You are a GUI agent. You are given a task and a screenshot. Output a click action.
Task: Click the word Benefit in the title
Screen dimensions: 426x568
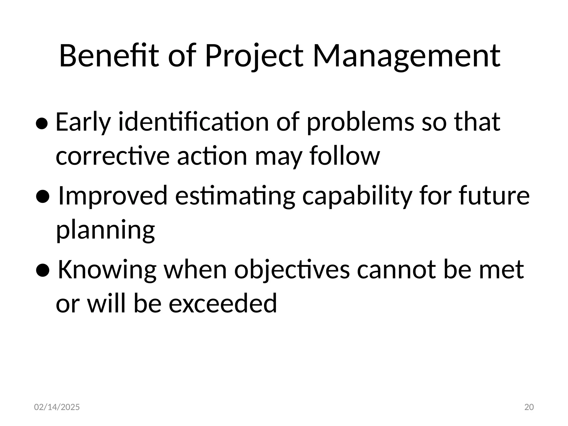[x=109, y=56]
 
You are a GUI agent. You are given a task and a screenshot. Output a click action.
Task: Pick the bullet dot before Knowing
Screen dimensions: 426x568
[x=42, y=271]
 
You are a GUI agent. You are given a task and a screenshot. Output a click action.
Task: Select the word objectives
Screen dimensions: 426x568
[x=292, y=271]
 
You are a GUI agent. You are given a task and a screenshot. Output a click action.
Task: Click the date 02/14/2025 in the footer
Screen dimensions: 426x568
[x=57, y=407]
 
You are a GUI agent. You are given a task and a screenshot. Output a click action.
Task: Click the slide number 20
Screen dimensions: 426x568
[x=529, y=407]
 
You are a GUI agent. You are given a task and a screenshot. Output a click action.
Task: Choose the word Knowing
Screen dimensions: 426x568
[x=107, y=271]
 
